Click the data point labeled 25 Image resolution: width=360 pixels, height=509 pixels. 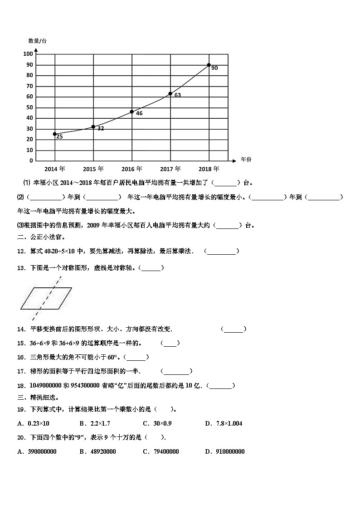[x=55, y=134]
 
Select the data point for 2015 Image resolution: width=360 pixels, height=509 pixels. [x=93, y=127]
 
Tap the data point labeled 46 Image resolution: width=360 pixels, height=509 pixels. [x=132, y=111]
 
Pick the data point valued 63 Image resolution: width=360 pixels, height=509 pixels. [x=170, y=94]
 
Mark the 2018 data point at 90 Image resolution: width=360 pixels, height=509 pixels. [x=209, y=65]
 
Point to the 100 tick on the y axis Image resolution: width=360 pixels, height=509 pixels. [x=28, y=54]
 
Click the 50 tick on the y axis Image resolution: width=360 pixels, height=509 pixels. [x=29, y=107]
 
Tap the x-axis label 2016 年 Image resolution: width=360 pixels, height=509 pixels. [x=132, y=169]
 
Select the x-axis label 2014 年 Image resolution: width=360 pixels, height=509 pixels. [x=55, y=169]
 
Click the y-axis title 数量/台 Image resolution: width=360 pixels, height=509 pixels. [x=37, y=41]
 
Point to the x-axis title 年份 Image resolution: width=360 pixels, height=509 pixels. [x=246, y=160]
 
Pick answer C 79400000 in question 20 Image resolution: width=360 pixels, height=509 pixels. [x=163, y=451]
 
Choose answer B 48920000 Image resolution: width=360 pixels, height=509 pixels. [x=99, y=451]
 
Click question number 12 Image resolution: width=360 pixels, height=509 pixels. [x=20, y=251]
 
